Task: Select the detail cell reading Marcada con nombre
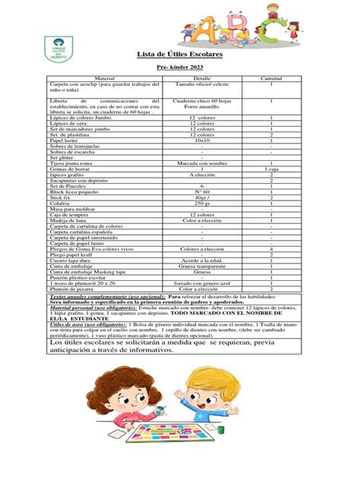[x=202, y=162]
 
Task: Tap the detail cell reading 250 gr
[x=202, y=204]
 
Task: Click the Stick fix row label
[x=60, y=197]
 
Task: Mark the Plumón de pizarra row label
[x=71, y=289]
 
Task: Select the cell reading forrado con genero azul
[x=202, y=283]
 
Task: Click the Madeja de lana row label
[x=68, y=221]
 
